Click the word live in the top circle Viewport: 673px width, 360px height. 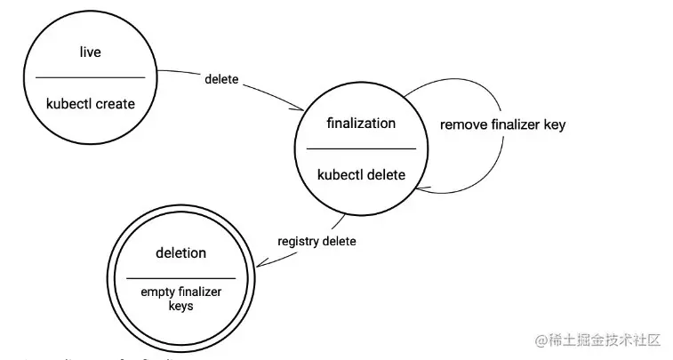pyautogui.click(x=90, y=52)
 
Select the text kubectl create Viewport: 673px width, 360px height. pyautogui.click(x=91, y=104)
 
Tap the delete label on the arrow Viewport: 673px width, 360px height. pyautogui.click(x=221, y=79)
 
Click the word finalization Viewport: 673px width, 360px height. pyautogui.click(x=361, y=124)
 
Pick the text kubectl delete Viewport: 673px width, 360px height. pyautogui.click(x=361, y=175)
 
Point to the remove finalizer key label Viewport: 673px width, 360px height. pyautogui.click(x=502, y=124)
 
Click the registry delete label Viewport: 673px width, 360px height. pyautogui.click(x=317, y=241)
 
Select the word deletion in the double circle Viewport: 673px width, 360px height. pyautogui.click(x=180, y=253)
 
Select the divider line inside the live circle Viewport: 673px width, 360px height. pyautogui.click(x=90, y=78)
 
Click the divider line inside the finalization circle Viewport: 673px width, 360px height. pyautogui.click(x=361, y=148)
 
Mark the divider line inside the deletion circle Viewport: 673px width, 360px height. pyautogui.click(x=180, y=279)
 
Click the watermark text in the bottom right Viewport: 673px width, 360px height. pyautogui.click(x=598, y=340)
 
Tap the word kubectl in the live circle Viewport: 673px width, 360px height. pyautogui.click(x=68, y=104)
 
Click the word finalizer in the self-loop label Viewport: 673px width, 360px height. pyautogui.click(x=514, y=124)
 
